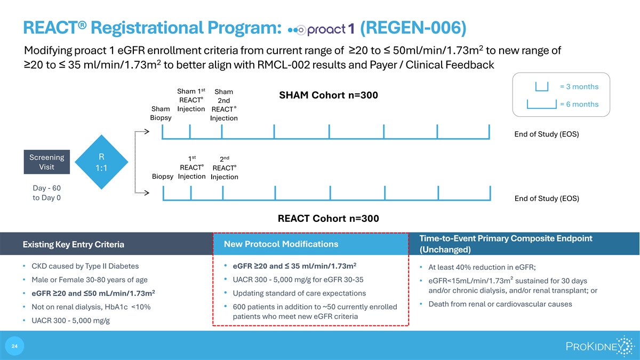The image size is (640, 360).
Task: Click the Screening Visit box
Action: (46, 162)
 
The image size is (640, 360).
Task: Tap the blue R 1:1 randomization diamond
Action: (101, 162)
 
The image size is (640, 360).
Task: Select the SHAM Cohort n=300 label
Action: (329, 95)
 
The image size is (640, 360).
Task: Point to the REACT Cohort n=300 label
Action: (329, 219)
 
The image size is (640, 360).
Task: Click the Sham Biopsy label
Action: (161, 113)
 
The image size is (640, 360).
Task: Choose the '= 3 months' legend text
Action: (579, 86)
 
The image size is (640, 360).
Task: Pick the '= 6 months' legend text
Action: (579, 105)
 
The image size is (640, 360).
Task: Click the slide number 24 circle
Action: (14, 346)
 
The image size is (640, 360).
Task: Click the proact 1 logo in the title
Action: (321, 29)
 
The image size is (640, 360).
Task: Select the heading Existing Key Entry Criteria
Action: (74, 245)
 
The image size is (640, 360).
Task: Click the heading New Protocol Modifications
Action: (281, 244)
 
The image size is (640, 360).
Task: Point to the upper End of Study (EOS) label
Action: (547, 134)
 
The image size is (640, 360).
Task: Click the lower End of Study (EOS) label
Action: (547, 198)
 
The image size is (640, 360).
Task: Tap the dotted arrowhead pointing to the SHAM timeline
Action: (147, 131)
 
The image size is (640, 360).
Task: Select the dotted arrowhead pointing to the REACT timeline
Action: (147, 193)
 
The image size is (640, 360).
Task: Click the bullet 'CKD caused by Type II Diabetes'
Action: (85, 266)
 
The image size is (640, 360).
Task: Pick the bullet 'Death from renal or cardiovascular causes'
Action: (500, 305)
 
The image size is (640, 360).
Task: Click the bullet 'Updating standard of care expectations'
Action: (299, 293)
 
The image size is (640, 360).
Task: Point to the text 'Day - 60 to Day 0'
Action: (46, 193)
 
